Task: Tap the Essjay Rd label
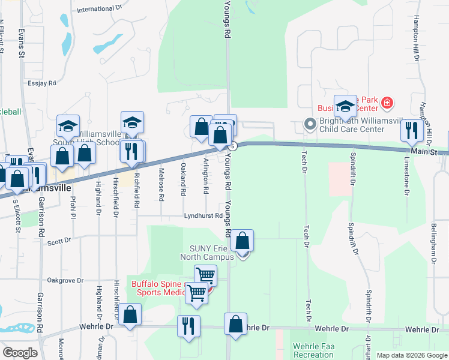click(41, 83)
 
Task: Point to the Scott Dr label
click(59, 240)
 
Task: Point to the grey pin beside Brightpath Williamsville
click(310, 124)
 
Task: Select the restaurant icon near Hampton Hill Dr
click(412, 130)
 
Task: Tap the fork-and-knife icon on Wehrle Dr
click(188, 326)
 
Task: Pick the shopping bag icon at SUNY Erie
click(242, 241)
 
